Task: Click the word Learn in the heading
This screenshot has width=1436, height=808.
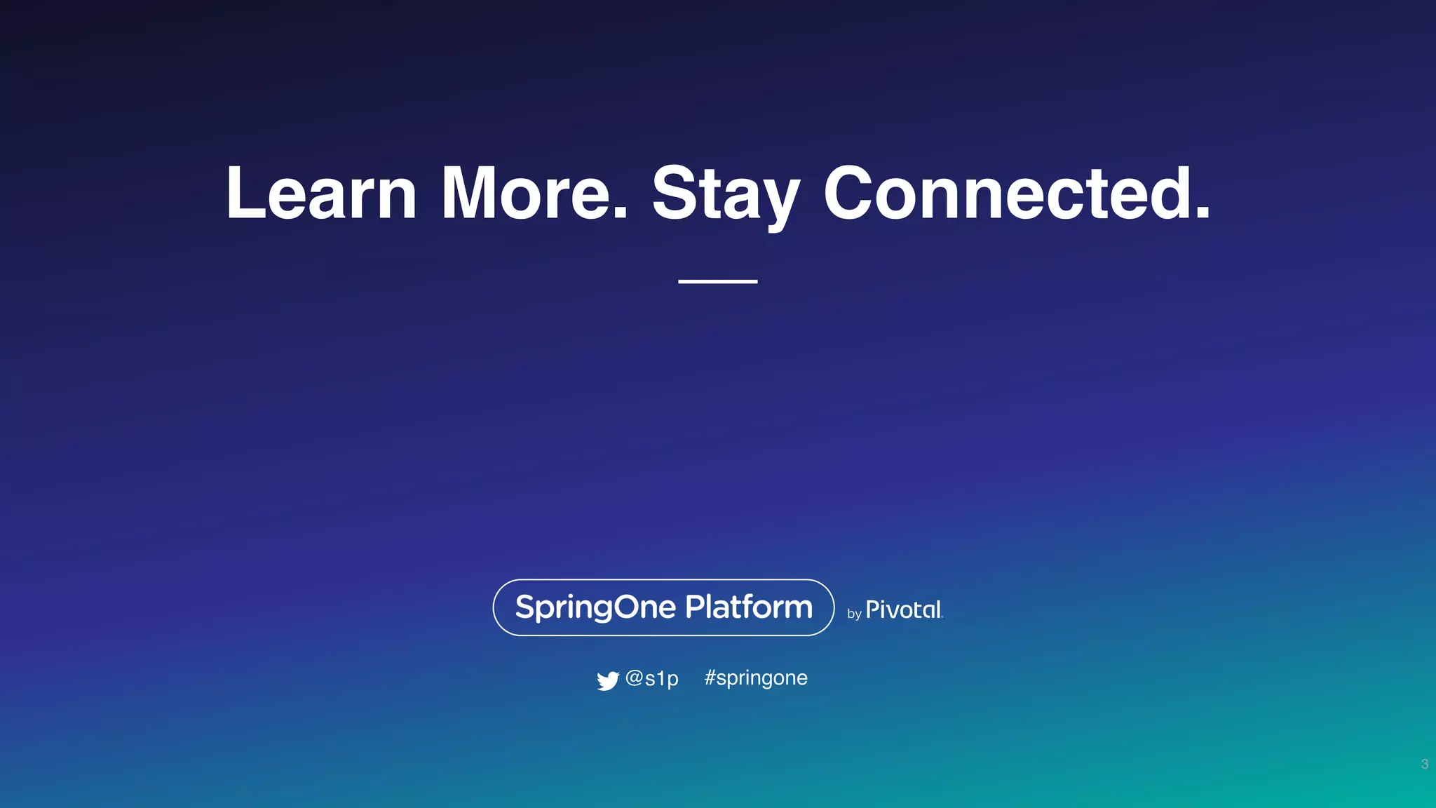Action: [321, 193]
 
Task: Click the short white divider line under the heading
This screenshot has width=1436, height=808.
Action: [717, 281]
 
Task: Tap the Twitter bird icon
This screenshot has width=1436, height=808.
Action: [607, 680]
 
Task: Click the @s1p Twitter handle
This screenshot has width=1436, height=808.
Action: [652, 678]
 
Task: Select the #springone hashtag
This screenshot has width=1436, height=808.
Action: [756, 678]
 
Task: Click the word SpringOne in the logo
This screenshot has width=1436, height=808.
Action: [595, 607]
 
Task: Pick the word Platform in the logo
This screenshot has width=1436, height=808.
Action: [748, 607]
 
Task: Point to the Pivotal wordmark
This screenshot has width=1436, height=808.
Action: [904, 610]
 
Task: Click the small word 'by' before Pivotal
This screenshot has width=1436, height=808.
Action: [854, 614]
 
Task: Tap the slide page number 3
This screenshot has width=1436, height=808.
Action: [1424, 764]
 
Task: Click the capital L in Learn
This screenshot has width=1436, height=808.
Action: [243, 193]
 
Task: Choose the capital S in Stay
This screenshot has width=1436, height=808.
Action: [675, 193]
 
